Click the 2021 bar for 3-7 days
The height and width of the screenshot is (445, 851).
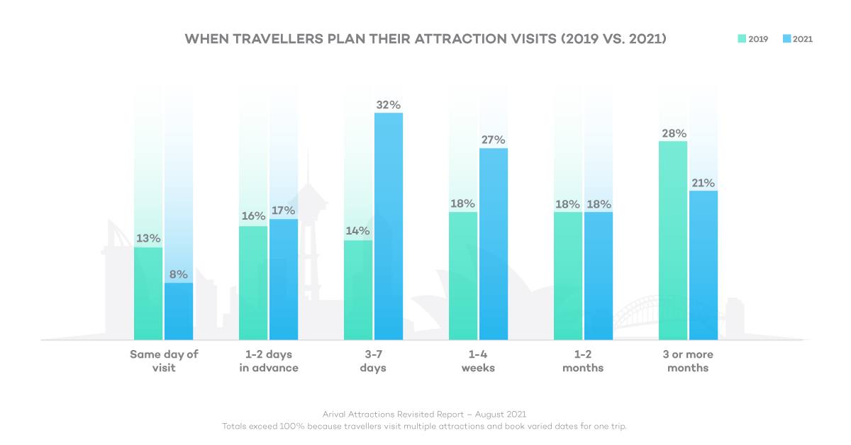tap(389, 227)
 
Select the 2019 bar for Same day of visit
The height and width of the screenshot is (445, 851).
tap(148, 293)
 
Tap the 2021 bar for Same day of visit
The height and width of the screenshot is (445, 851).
tap(179, 311)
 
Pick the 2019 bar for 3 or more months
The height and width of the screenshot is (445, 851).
tap(673, 240)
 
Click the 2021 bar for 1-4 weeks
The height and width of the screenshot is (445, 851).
tap(494, 244)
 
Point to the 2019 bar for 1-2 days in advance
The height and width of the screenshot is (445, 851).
tap(253, 283)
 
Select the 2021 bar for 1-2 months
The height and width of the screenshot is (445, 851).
tap(599, 276)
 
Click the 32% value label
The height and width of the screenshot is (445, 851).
tap(389, 104)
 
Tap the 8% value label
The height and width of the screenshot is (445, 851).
tap(179, 274)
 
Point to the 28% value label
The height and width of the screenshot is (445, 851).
tap(673, 133)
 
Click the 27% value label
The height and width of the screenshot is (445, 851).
tap(494, 140)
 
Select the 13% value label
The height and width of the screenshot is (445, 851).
tap(148, 239)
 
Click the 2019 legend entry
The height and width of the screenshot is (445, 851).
tap(752, 39)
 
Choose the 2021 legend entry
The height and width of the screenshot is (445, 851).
tap(797, 39)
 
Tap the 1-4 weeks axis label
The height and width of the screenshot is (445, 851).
tap(478, 361)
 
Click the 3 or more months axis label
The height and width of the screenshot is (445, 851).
tap(688, 361)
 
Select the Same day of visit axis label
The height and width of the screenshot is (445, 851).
tap(163, 361)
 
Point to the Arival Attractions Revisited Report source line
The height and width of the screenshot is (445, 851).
tap(424, 414)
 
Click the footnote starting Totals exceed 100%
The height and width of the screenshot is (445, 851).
tap(424, 426)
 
